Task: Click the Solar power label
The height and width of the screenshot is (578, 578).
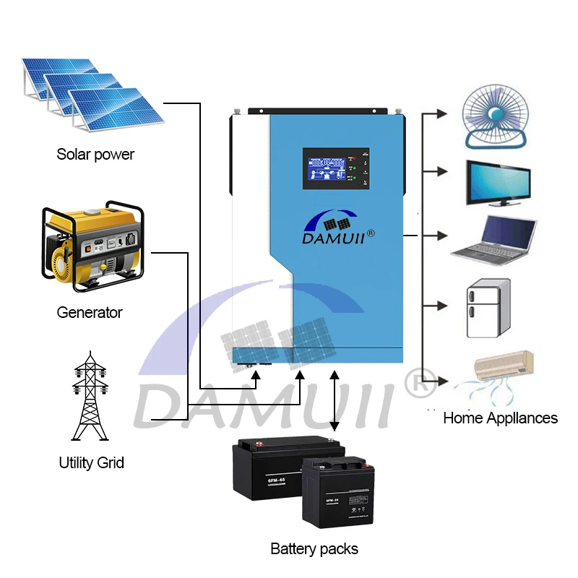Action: (95, 154)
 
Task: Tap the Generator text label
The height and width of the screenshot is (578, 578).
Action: (90, 313)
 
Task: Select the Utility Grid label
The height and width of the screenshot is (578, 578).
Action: (91, 462)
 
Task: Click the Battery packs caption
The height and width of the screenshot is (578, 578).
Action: (314, 549)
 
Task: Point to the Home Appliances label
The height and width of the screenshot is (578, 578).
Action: (500, 418)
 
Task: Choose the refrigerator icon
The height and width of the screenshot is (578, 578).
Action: (489, 309)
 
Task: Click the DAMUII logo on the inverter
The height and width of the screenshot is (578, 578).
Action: (336, 228)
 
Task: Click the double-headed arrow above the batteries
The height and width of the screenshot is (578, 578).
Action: (334, 401)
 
